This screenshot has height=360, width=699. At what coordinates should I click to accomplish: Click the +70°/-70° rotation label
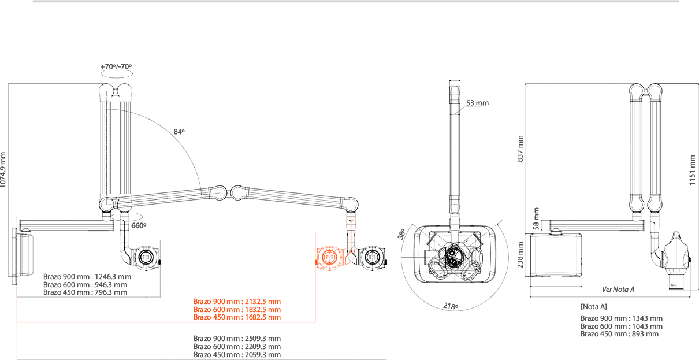(x=116, y=66)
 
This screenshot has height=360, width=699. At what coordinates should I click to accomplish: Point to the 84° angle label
(x=179, y=132)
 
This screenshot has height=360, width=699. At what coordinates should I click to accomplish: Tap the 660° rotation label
(x=139, y=226)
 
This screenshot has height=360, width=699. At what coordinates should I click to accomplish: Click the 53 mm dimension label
(x=477, y=103)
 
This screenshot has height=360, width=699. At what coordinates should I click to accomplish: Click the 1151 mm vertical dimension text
(x=692, y=170)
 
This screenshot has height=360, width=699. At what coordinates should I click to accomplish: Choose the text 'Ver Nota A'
(x=618, y=289)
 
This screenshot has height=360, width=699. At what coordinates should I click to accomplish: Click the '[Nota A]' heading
(x=594, y=306)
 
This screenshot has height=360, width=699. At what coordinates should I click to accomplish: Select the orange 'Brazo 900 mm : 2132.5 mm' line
(x=237, y=302)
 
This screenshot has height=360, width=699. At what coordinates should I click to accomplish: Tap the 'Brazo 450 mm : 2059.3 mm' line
(x=237, y=355)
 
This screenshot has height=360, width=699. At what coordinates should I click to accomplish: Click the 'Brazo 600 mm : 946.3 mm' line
(x=85, y=284)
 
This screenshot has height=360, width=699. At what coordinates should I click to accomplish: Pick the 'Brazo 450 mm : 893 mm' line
(x=619, y=334)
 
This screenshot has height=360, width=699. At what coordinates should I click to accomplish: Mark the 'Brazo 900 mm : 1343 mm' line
(x=622, y=318)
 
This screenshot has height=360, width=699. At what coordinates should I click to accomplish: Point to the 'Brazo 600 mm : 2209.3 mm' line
(x=237, y=347)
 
